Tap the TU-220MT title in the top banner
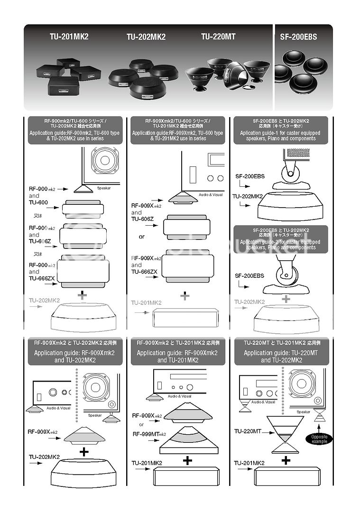pos(218,36)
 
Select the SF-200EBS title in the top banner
pos(298,37)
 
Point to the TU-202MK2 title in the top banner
pos(146,37)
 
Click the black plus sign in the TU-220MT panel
pos(286,460)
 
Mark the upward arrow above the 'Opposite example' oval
pos(319,425)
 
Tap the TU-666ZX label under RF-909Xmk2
pos(144,272)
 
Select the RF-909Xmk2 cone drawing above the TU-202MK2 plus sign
pos(84,433)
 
